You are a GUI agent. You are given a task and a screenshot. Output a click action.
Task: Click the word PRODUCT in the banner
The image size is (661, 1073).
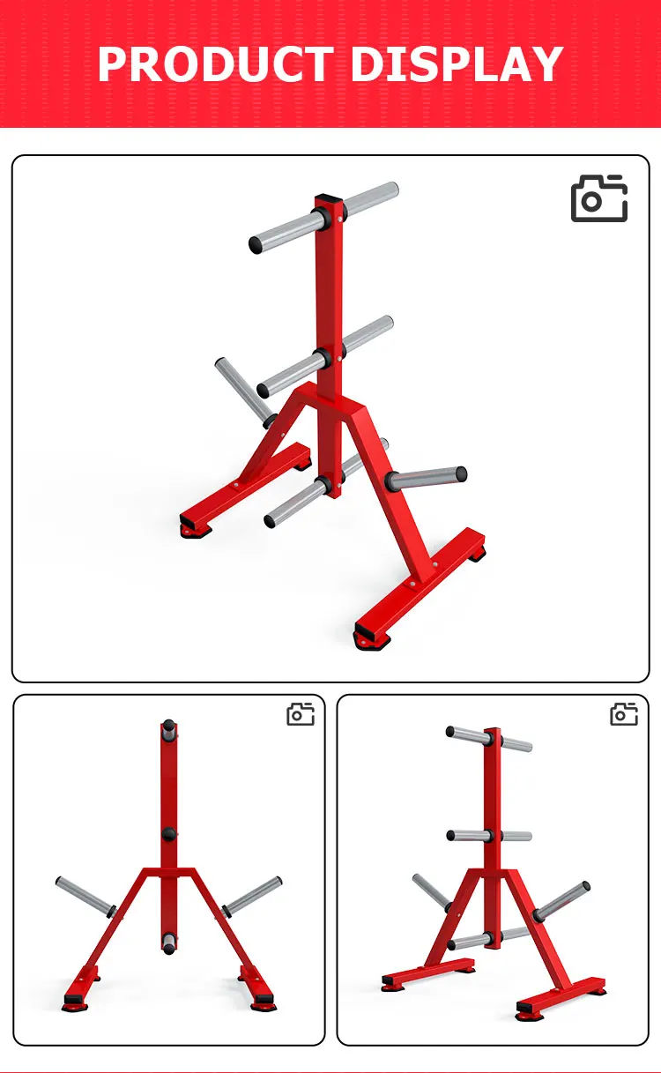click(215, 64)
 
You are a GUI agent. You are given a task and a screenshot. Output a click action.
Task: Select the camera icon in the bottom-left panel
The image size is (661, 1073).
click(301, 713)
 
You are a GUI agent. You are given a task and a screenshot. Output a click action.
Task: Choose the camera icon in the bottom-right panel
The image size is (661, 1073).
click(624, 713)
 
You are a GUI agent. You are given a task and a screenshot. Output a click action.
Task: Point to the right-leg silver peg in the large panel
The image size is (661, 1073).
click(426, 478)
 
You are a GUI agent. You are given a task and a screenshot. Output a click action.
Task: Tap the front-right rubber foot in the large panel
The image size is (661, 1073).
click(364, 637)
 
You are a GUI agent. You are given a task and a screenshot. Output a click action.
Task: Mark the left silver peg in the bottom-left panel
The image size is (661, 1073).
click(85, 896)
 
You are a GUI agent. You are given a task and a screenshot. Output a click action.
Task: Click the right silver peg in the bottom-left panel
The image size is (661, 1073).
click(253, 895)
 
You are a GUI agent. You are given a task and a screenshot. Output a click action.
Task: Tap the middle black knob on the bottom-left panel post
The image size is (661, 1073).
click(168, 834)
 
